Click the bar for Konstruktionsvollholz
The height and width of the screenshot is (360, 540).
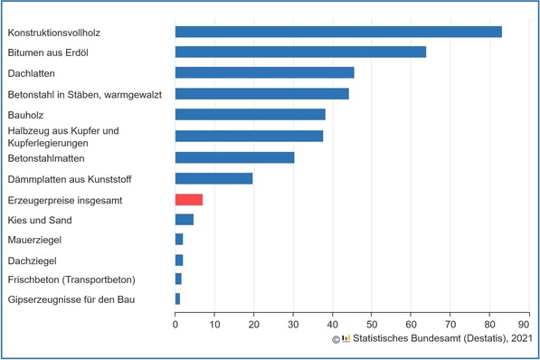[338, 33]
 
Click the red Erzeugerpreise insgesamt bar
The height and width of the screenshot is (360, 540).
[189, 199]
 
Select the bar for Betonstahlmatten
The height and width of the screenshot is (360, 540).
[234, 157]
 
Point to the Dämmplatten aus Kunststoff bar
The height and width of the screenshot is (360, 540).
[213, 178]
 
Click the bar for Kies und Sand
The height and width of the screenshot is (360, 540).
[185, 220]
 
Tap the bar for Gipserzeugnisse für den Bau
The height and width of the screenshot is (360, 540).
[177, 298]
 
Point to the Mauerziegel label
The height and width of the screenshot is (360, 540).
[35, 241]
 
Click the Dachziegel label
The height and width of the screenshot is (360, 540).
[33, 261]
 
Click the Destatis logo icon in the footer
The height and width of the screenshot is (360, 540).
[346, 339]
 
